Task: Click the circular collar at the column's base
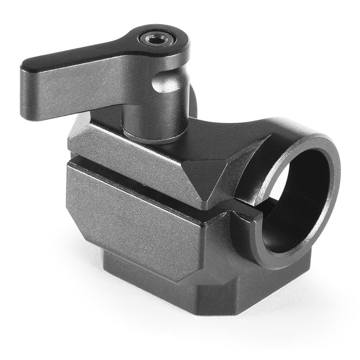coord(148,135)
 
